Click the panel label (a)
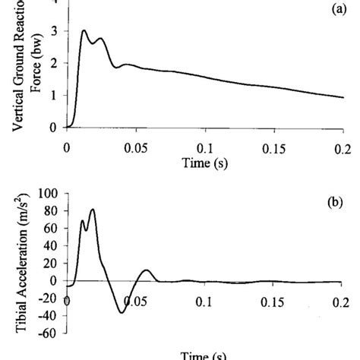point(331,13)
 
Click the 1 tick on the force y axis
point(52,96)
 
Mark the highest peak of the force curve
point(84,31)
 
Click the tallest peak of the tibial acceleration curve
point(93,210)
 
